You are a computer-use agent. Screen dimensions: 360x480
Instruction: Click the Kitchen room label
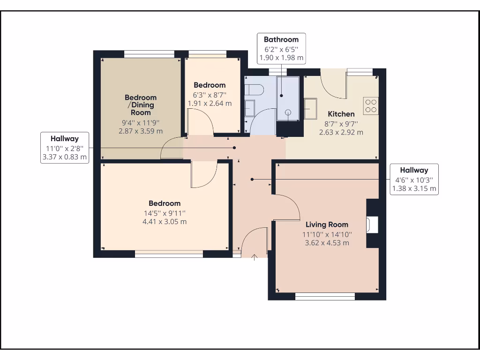click(341, 114)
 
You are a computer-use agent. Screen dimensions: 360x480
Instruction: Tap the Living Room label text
click(327, 225)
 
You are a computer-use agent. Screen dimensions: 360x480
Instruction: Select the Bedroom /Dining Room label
click(141, 105)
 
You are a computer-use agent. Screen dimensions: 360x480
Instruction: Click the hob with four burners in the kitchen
click(371, 105)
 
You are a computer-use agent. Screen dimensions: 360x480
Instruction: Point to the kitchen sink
click(310, 109)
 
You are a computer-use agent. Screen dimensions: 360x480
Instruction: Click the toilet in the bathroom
click(255, 89)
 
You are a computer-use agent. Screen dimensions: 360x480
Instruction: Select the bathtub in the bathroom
click(288, 99)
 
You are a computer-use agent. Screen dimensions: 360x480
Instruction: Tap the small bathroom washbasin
click(249, 107)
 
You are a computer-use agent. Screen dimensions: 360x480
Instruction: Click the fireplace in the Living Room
click(373, 224)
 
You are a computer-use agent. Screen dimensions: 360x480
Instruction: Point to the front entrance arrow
click(255, 257)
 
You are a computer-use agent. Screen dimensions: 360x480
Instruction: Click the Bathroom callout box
click(281, 49)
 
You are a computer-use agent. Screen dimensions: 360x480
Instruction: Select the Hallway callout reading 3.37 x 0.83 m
click(65, 148)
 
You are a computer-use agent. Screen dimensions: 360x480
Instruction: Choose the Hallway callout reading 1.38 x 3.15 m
click(414, 180)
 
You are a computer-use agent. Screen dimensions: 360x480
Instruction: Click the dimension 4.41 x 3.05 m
click(165, 221)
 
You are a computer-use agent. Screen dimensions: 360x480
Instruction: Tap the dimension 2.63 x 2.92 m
click(341, 132)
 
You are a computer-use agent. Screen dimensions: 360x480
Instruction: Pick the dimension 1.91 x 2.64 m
click(210, 103)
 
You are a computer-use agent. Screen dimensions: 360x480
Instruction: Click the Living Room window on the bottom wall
click(325, 296)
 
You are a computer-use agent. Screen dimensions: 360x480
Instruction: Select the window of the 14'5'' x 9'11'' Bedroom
click(169, 254)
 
